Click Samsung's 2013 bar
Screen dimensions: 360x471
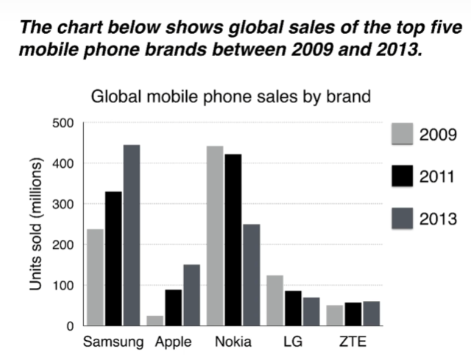click(131, 235)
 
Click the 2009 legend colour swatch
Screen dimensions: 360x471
click(400, 136)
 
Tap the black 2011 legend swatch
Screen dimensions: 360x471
click(400, 177)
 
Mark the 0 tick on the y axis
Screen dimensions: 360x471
click(71, 325)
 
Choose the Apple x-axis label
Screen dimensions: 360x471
click(173, 342)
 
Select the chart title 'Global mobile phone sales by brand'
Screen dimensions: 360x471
click(228, 96)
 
